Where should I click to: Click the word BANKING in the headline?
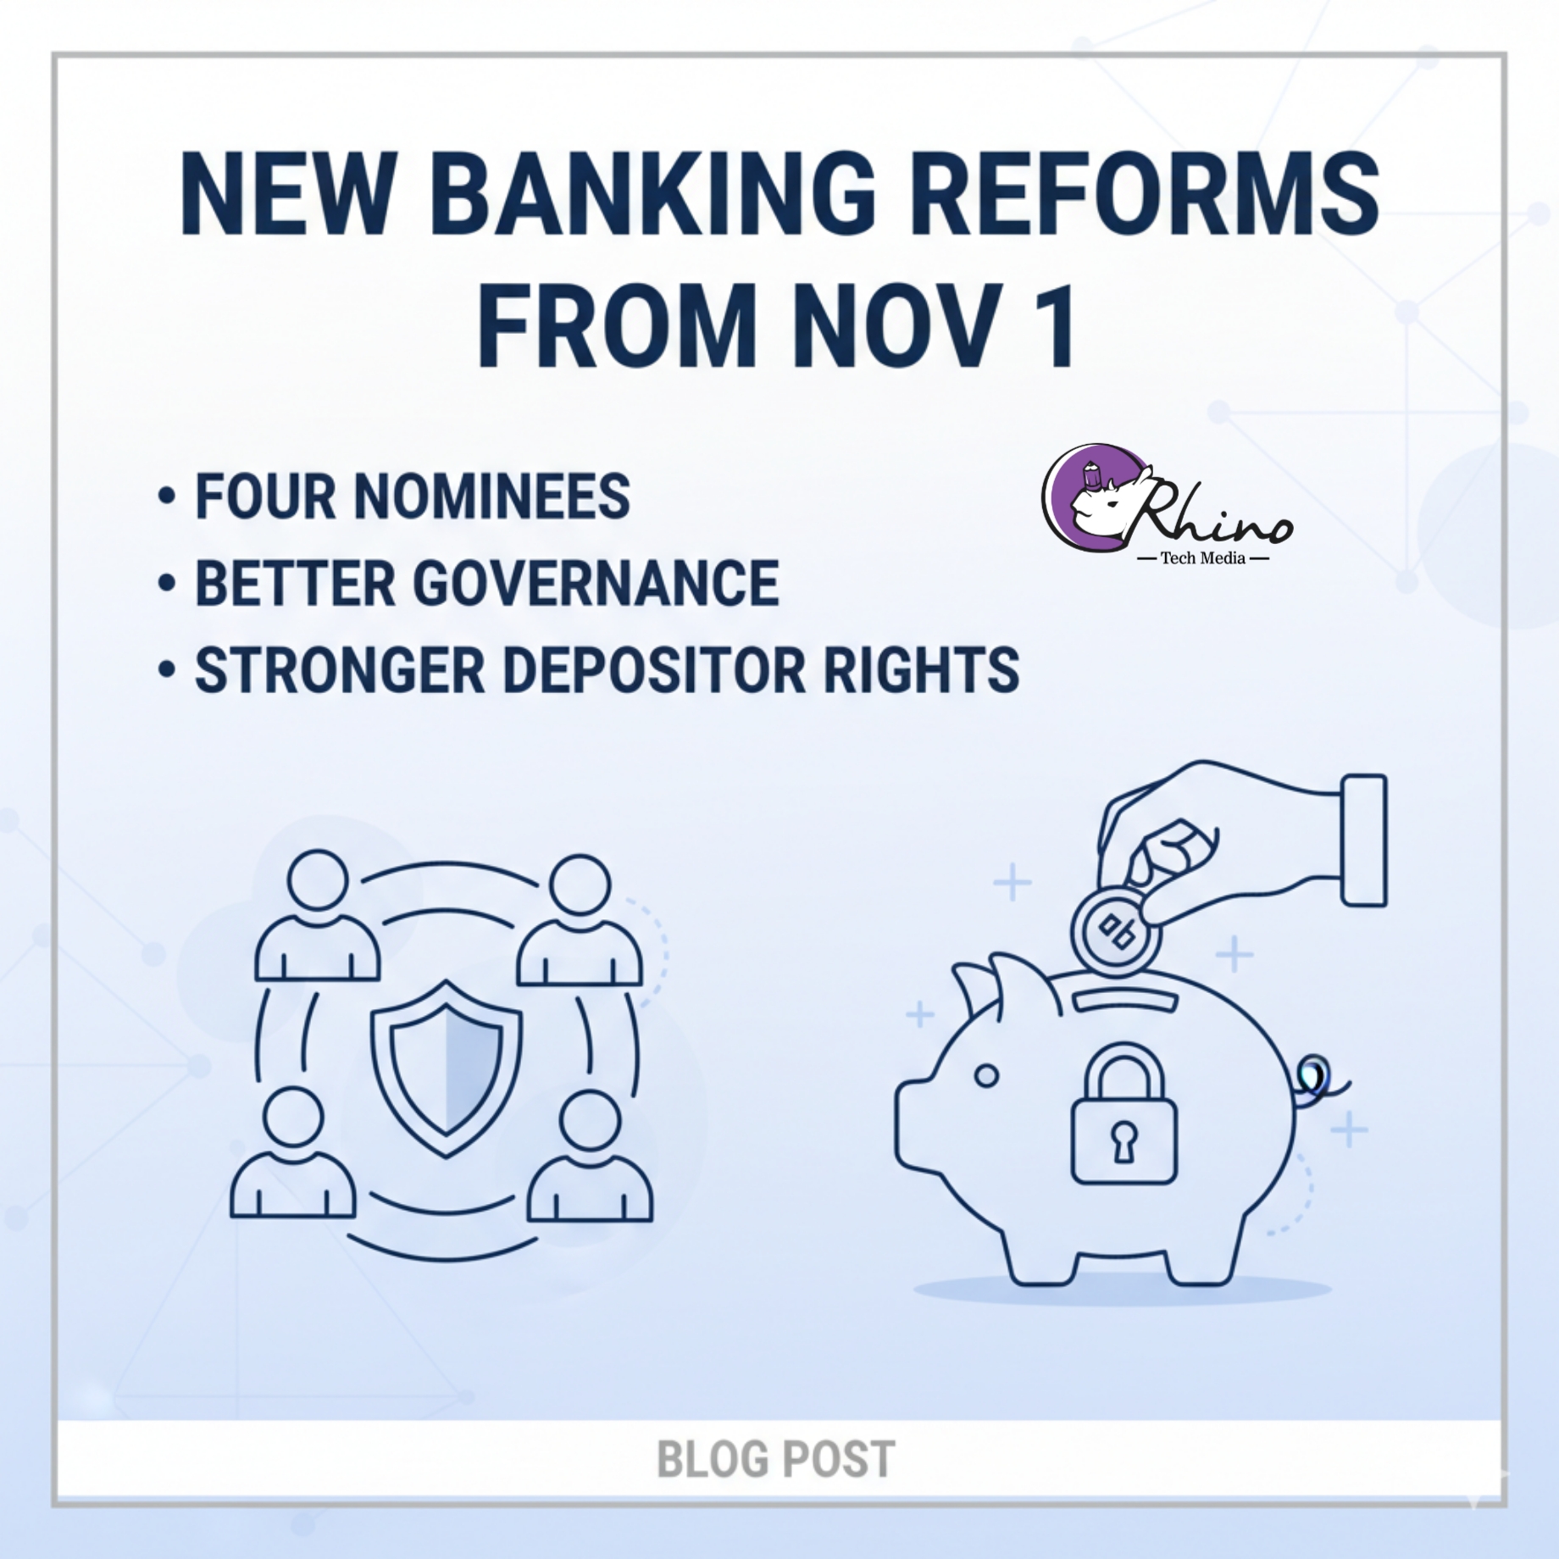pyautogui.click(x=653, y=194)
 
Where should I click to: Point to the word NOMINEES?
pyautogui.click(x=492, y=497)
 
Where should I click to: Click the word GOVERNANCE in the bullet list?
pyautogui.click(x=596, y=584)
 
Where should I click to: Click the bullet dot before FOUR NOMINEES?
pyautogui.click(x=167, y=497)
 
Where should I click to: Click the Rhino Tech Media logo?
pyautogui.click(x=1166, y=505)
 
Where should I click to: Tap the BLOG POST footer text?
pyautogui.click(x=776, y=1459)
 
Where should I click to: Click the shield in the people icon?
pyautogui.click(x=446, y=1068)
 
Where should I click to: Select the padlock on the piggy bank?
pyautogui.click(x=1123, y=1112)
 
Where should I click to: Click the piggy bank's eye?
pyautogui.click(x=986, y=1076)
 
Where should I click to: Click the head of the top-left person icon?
pyautogui.click(x=318, y=879)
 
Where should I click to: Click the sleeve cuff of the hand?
pyautogui.click(x=1364, y=840)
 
